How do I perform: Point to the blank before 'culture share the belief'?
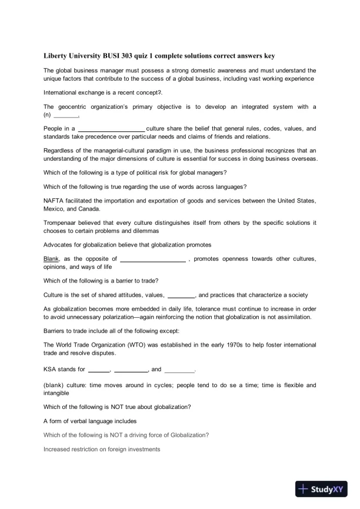(x=111, y=128)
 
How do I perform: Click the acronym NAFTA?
(x=55, y=201)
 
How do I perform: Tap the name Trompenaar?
(x=62, y=222)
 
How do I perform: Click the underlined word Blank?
(x=52, y=258)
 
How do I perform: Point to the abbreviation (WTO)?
(x=142, y=344)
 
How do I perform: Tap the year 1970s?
(x=248, y=344)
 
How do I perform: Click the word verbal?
(x=81, y=421)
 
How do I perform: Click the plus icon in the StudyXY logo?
(x=304, y=488)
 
